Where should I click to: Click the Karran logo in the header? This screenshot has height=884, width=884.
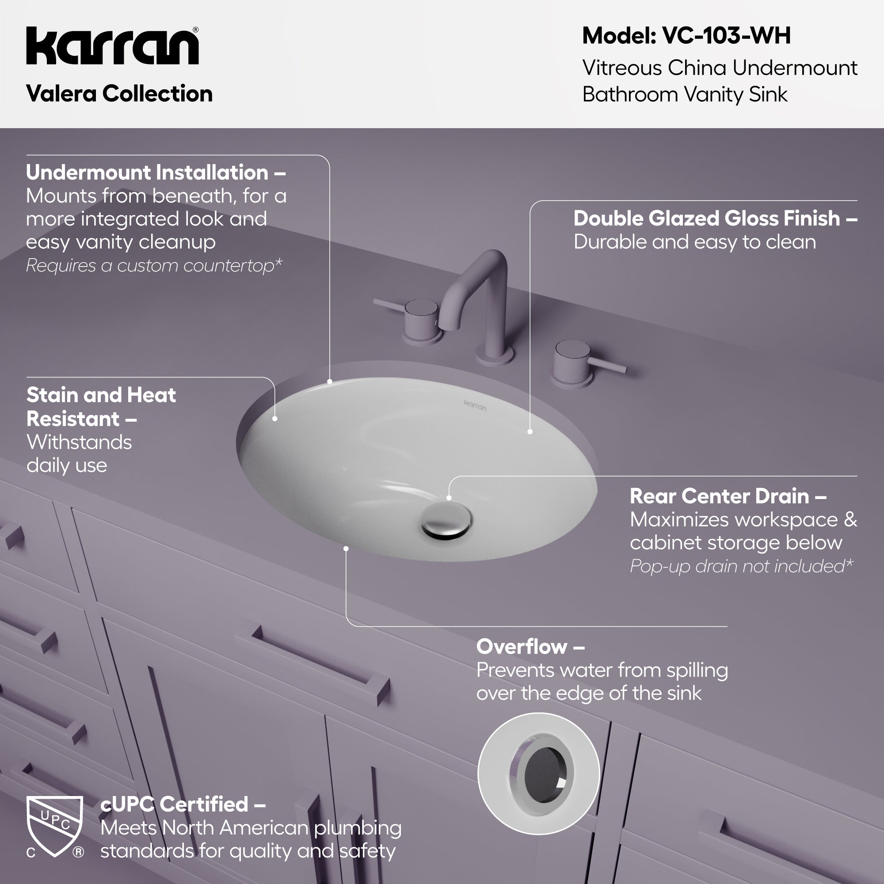tap(113, 46)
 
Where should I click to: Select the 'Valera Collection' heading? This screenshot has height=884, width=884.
tap(119, 94)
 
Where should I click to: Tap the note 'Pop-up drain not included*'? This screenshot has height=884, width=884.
tap(742, 567)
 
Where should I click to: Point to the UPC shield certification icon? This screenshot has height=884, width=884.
tap(55, 827)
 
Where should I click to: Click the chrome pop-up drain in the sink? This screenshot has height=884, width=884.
tap(446, 520)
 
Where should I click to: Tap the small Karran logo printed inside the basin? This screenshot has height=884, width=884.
tap(475, 405)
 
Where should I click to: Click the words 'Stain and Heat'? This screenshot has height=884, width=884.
tap(101, 395)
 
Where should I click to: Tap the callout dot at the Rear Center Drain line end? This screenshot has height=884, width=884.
tap(449, 498)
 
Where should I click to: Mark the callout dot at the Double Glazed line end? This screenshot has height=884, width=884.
tap(530, 431)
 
